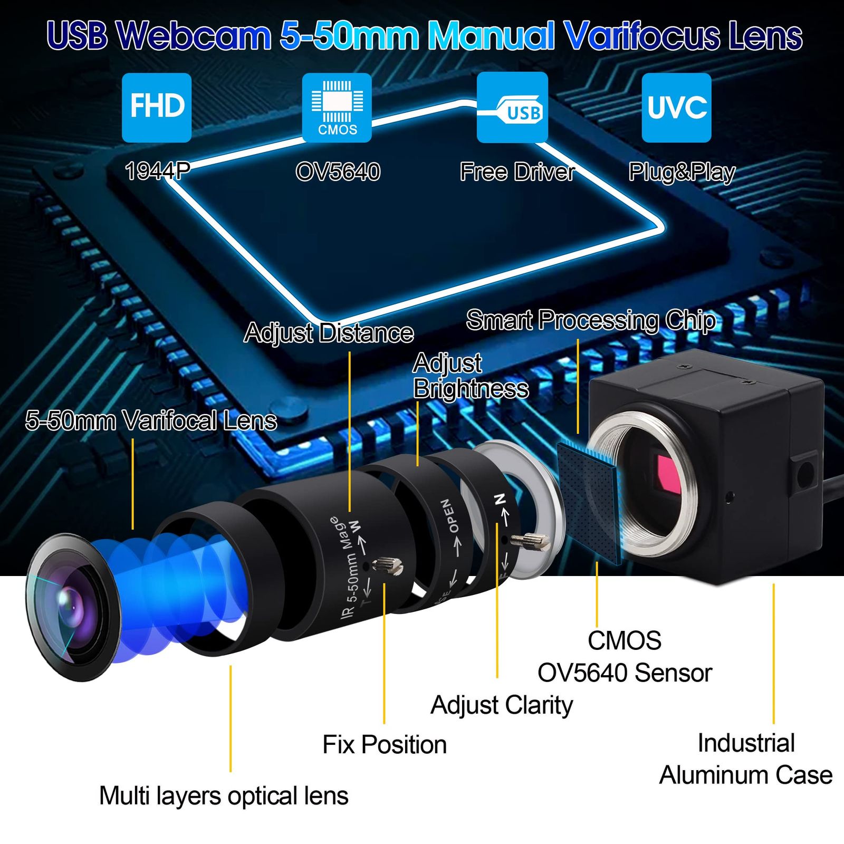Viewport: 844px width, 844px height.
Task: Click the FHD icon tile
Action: point(157,108)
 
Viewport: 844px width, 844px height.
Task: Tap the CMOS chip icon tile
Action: point(337,108)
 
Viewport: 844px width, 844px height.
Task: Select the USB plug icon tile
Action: point(512,108)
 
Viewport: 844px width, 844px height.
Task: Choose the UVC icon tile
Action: point(676,108)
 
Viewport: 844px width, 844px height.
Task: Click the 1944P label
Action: point(157,171)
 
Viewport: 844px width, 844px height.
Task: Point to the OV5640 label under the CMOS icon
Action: point(338,172)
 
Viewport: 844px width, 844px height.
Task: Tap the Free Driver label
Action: point(517,172)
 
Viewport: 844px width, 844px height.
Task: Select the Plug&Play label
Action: point(682,172)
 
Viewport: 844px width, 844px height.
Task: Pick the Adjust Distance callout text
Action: point(329,333)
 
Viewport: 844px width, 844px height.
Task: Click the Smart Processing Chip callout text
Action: point(591,321)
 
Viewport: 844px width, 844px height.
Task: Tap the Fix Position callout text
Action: point(385,745)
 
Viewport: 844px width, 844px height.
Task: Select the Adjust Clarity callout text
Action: point(502,706)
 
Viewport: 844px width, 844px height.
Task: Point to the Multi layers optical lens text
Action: point(224,796)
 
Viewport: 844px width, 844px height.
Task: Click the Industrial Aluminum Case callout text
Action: point(746,759)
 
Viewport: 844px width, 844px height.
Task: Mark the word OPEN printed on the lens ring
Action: point(449,515)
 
